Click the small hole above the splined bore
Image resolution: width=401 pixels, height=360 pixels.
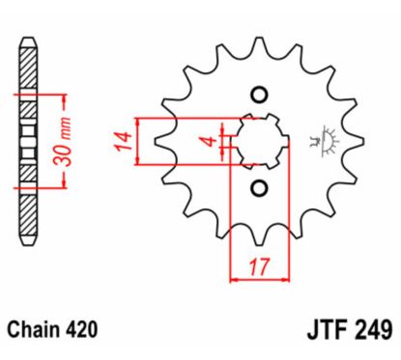(258, 95)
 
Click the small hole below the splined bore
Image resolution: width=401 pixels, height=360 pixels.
(258, 185)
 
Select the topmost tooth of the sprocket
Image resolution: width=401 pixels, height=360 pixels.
(258, 45)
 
